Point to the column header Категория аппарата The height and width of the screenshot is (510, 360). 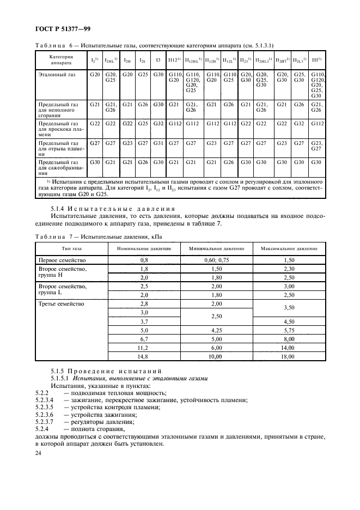[61, 58]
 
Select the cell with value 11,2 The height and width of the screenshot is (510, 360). [144, 347]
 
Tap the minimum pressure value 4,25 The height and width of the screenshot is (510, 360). [217, 330]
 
